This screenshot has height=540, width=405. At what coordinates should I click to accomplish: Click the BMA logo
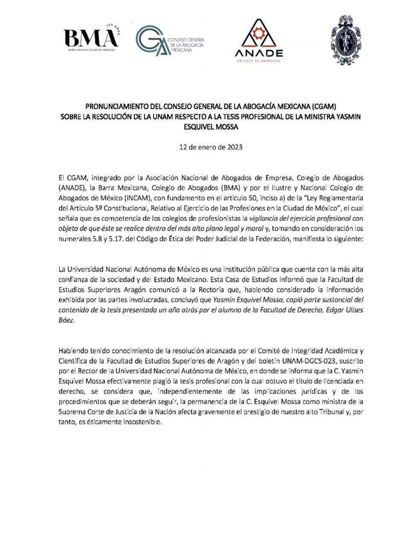[91, 39]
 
